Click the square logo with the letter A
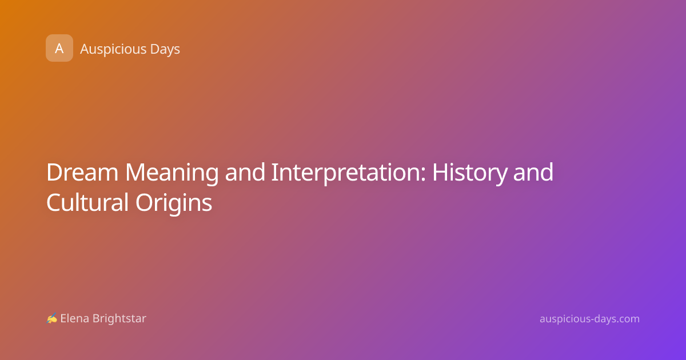click(59, 48)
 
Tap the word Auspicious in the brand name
click(113, 49)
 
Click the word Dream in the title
click(82, 173)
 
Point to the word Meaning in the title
click(172, 174)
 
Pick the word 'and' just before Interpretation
click(245, 173)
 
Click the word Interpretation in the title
click(346, 174)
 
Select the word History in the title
click(469, 174)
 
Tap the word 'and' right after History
click(533, 173)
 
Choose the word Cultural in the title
click(87, 202)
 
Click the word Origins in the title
click(174, 203)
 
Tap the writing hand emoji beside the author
click(52, 318)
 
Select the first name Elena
click(74, 318)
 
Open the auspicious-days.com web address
click(589, 319)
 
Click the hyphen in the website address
click(592, 319)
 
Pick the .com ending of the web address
click(625, 319)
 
